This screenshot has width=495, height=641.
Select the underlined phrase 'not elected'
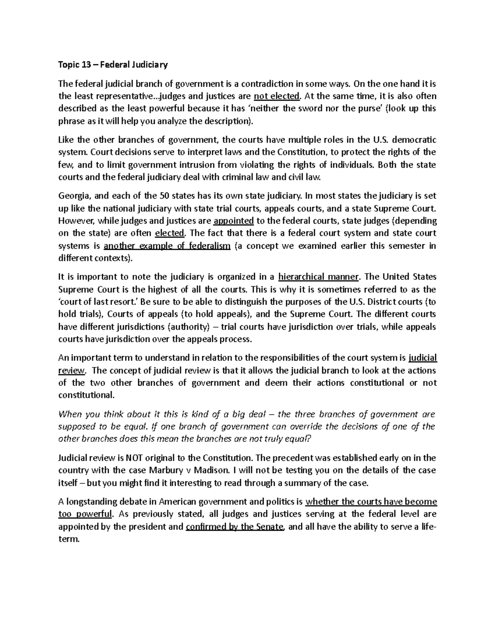click(x=277, y=96)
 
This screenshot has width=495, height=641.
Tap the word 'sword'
click(x=303, y=109)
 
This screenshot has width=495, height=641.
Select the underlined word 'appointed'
click(x=234, y=220)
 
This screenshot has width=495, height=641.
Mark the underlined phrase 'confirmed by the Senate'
click(x=235, y=527)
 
